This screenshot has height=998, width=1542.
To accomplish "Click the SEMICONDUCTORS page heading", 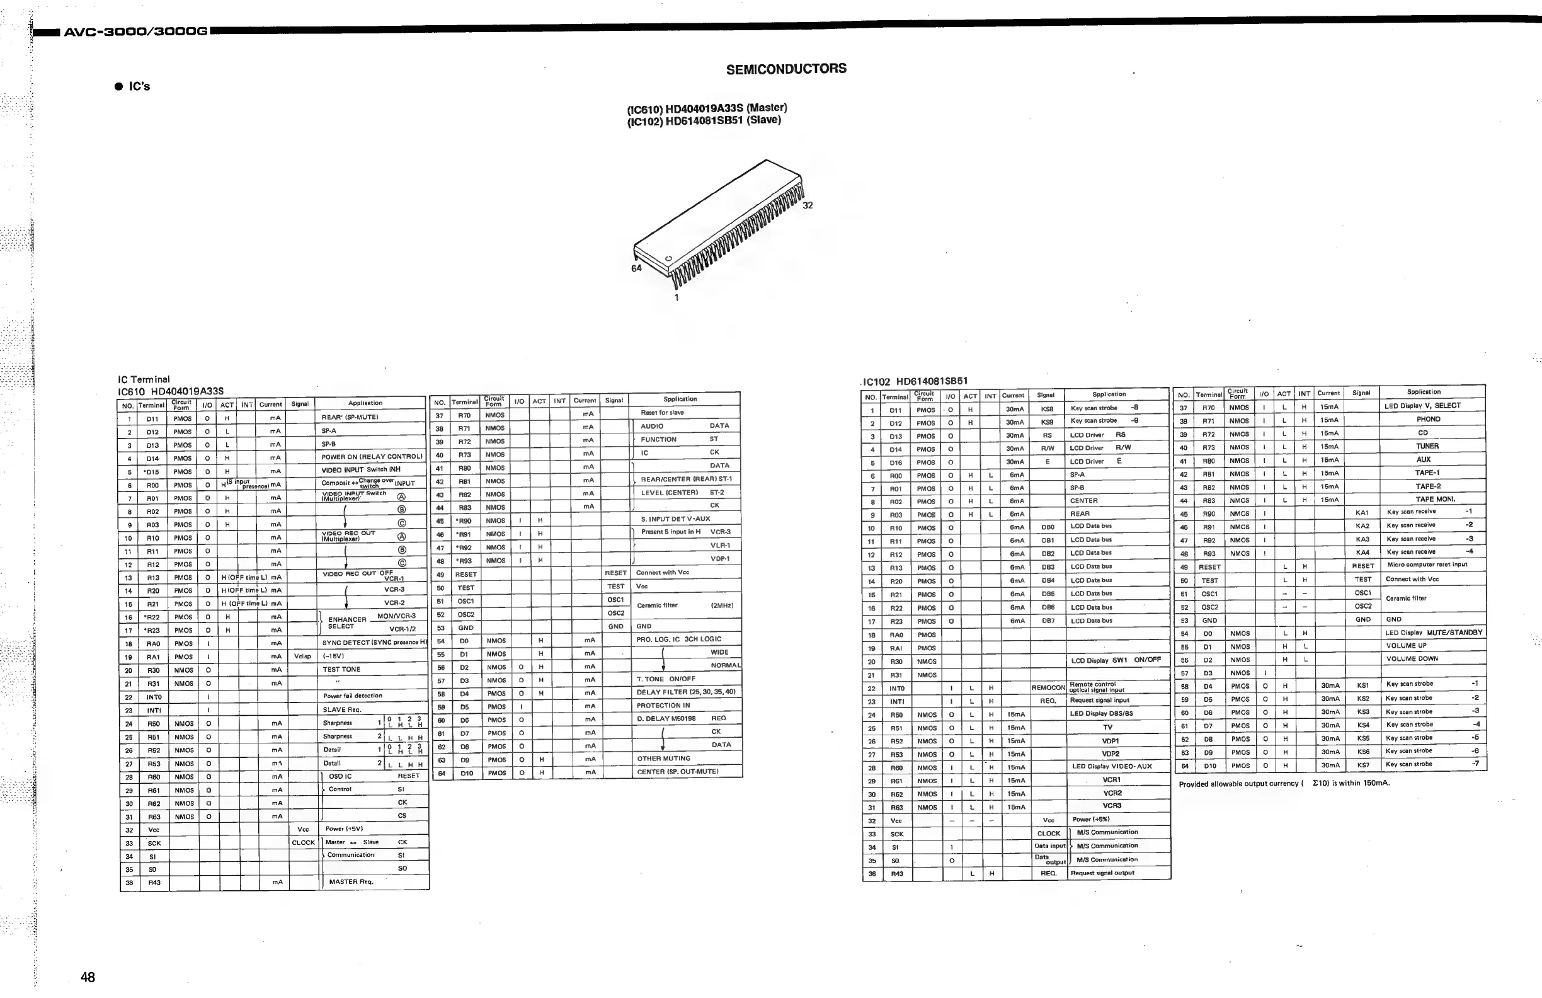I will [786, 69].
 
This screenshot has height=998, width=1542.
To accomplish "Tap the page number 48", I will [88, 977].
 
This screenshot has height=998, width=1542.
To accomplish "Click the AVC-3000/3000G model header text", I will [135, 31].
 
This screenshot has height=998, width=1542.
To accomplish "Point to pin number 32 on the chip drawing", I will [808, 205].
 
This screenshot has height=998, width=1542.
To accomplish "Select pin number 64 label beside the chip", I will [636, 268].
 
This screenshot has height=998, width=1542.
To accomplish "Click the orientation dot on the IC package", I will [668, 259].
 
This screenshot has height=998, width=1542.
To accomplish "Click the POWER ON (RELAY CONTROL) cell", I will [371, 457].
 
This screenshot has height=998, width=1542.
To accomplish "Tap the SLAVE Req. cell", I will [341, 709].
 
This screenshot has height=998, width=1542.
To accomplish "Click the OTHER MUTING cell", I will [663, 758].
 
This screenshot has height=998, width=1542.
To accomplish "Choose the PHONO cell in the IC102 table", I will [1428, 419].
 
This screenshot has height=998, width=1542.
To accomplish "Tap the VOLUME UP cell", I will [1406, 645].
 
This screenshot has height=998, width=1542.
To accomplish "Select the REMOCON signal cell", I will [1048, 687].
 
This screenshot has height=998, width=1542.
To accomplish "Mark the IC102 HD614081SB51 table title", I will [915, 381].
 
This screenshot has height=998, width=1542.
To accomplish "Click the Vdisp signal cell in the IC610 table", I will [302, 657].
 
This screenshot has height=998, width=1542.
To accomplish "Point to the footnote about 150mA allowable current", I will [1284, 784].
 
